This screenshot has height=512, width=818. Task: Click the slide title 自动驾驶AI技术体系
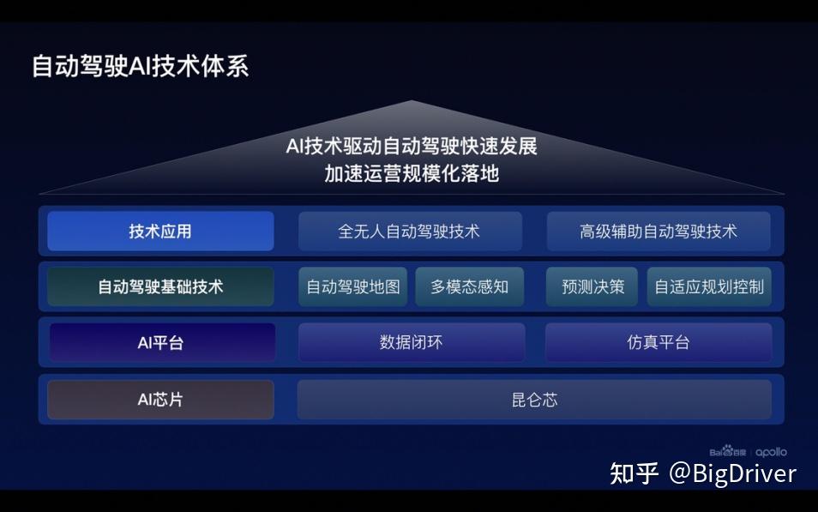pyautogui.click(x=141, y=66)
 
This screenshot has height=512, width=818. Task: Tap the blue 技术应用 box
pyautogui.click(x=160, y=232)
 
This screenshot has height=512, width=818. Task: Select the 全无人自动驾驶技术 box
pyautogui.click(x=410, y=232)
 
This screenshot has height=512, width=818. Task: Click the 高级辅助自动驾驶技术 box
pyautogui.click(x=659, y=232)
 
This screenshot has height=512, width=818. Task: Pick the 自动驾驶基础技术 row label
pyautogui.click(x=160, y=286)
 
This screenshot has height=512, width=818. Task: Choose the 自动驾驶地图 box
pyautogui.click(x=353, y=286)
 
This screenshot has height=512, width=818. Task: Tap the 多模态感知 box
pyautogui.click(x=470, y=286)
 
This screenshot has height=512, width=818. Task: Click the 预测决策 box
pyautogui.click(x=592, y=286)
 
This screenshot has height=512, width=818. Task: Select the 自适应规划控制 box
pyautogui.click(x=709, y=286)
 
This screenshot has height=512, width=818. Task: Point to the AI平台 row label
pyautogui.click(x=162, y=342)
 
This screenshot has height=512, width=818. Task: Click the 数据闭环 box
pyautogui.click(x=412, y=342)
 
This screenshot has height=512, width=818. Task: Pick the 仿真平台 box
pyautogui.click(x=659, y=342)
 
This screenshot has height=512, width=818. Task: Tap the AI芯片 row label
pyautogui.click(x=160, y=400)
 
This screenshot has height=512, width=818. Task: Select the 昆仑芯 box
pyautogui.click(x=534, y=400)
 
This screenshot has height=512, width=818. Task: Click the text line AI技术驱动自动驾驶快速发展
pyautogui.click(x=412, y=146)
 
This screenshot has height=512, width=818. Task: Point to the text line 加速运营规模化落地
pyautogui.click(x=412, y=174)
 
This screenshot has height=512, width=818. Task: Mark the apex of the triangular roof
pyautogui.click(x=411, y=100)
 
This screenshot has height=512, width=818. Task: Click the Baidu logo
pyautogui.click(x=728, y=451)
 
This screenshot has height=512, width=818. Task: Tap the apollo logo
pyautogui.click(x=771, y=452)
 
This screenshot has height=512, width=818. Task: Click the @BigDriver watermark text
pyautogui.click(x=732, y=473)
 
